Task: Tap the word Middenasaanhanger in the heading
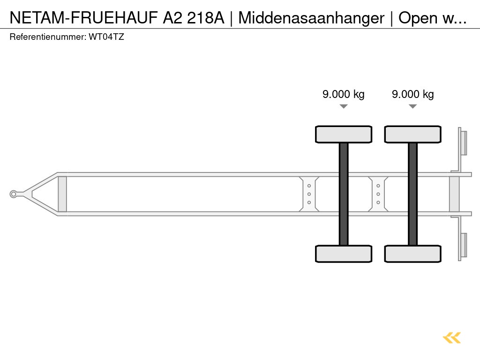point(311,18)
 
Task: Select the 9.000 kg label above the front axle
point(343,94)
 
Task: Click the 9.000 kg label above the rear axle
point(412,94)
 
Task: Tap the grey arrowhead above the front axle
point(344,106)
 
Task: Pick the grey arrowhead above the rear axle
point(412,106)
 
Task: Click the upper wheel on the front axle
point(344,134)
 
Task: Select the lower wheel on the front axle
point(344,254)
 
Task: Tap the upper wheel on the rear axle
point(412,134)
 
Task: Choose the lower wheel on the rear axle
point(412,254)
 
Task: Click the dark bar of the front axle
point(344,194)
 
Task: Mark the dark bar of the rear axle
point(412,194)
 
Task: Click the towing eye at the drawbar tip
point(14,194)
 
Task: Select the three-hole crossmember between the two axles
point(378,194)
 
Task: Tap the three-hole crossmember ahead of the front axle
point(309,194)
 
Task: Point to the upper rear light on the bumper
point(463,142)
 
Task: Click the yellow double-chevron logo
point(452,337)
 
